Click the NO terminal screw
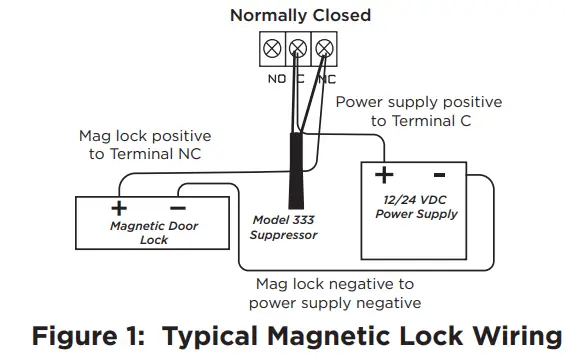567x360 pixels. [271, 47]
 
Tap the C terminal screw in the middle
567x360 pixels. [297, 47]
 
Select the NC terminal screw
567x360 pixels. [323, 47]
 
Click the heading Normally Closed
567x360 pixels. [300, 15]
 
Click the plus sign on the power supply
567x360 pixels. [383, 176]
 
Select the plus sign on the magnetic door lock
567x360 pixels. [118, 208]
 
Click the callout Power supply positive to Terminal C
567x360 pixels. [419, 111]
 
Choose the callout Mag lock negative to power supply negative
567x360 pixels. [335, 293]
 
